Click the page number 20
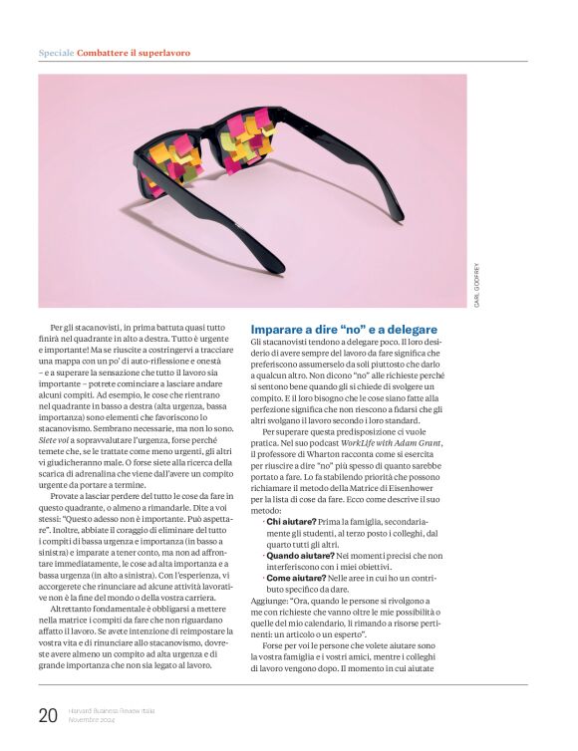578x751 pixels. point(48,714)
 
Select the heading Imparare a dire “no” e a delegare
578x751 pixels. point(344,330)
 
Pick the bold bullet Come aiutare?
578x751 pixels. point(296,578)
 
